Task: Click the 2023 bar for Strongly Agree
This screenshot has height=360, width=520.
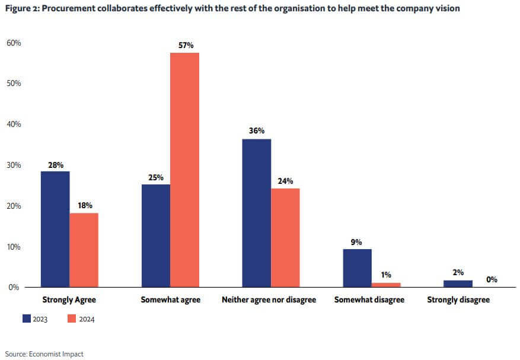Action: pyautogui.click(x=55, y=229)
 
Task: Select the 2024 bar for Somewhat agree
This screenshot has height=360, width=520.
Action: pyautogui.click(x=184, y=170)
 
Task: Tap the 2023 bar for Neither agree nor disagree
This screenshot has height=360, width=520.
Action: pyautogui.click(x=257, y=213)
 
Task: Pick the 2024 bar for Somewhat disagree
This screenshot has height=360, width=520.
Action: pyautogui.click(x=386, y=285)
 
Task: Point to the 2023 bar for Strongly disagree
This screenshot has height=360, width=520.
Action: pyautogui.click(x=458, y=283)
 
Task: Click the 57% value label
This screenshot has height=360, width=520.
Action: pyautogui.click(x=185, y=45)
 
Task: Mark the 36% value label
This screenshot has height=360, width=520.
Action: pyautogui.click(x=257, y=131)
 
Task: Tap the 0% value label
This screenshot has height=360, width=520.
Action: pyautogui.click(x=492, y=279)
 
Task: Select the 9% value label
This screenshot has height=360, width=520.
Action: pyautogui.click(x=357, y=241)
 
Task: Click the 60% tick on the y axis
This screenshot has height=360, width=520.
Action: pyautogui.click(x=14, y=43)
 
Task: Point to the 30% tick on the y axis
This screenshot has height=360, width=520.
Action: pyautogui.click(x=14, y=165)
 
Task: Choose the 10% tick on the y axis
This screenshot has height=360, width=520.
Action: pyautogui.click(x=14, y=247)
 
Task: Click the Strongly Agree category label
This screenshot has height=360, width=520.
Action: pyautogui.click(x=70, y=300)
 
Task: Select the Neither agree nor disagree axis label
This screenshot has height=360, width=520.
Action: pyautogui.click(x=269, y=300)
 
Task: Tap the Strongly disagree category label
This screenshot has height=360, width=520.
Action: pyautogui.click(x=458, y=300)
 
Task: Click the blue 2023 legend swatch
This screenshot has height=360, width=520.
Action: pyautogui.click(x=26, y=318)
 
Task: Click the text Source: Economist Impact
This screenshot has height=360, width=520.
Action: pyautogui.click(x=44, y=354)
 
